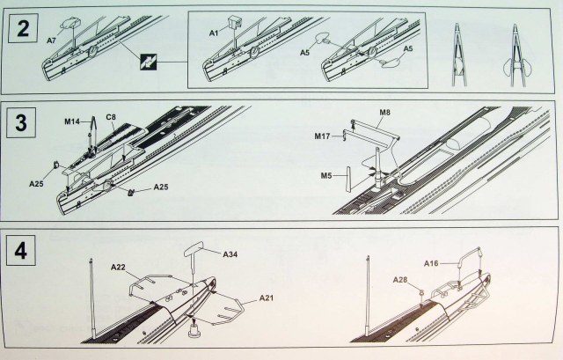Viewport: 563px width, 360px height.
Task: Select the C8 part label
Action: (112, 116)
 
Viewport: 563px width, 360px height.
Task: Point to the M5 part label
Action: (326, 175)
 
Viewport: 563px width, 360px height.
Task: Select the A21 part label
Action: (267, 299)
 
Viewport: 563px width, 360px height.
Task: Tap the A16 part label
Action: (431, 262)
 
